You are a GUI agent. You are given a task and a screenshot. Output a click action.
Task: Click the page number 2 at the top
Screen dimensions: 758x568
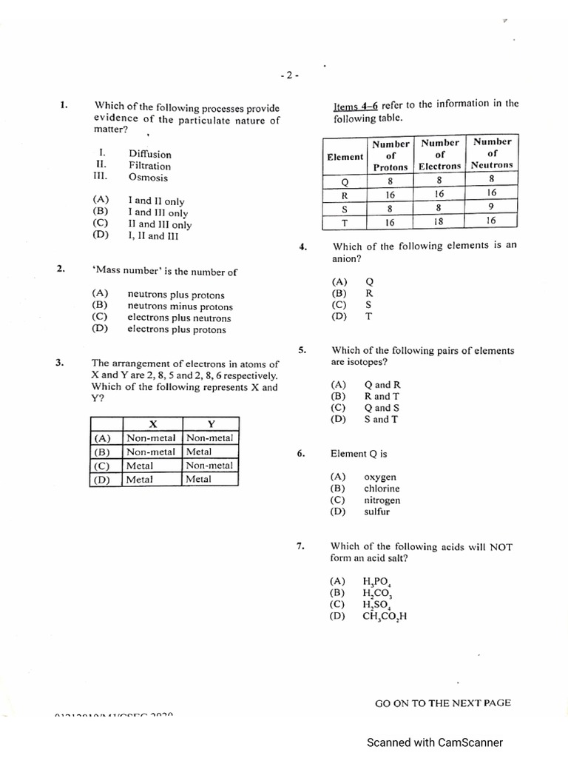tap(289, 75)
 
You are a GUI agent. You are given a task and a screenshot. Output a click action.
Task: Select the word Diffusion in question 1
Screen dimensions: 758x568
tap(149, 154)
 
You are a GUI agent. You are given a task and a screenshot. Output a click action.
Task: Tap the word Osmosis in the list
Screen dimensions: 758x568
tap(148, 178)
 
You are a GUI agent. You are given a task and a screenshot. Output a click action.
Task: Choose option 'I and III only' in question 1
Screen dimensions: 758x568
tap(158, 212)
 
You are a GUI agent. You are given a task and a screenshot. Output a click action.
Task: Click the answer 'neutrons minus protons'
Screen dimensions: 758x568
tap(180, 306)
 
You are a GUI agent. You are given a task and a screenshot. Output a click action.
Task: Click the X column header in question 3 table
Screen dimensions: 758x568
tap(153, 424)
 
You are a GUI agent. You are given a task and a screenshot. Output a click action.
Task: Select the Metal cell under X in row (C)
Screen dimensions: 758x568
tap(140, 466)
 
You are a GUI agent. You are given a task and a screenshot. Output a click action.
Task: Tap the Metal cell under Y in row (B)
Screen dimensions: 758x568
tap(199, 452)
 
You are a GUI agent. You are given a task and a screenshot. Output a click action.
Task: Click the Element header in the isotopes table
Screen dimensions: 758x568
tap(345, 156)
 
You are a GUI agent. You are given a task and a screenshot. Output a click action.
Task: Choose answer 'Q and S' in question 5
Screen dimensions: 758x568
tap(382, 408)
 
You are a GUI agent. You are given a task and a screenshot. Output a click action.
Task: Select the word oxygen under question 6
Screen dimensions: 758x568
tap(379, 477)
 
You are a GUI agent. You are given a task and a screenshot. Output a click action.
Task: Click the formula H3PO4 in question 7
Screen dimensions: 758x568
tap(376, 583)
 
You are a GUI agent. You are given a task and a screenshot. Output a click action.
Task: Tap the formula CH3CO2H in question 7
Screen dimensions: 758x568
tap(385, 617)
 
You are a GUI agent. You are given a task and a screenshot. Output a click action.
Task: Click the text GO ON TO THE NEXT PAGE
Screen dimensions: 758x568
tap(442, 703)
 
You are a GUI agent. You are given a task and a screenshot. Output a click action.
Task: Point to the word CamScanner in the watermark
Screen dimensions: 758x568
tap(469, 742)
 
